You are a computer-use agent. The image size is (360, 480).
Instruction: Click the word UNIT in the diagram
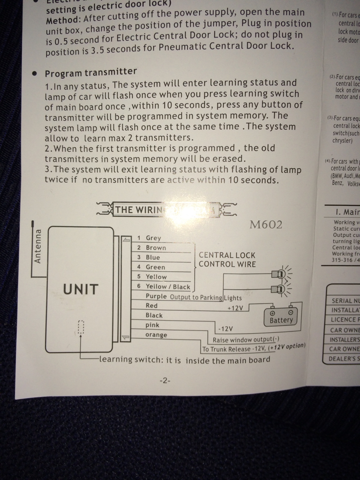coord(81,289)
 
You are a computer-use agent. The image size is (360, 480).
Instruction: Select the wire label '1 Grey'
coord(149,238)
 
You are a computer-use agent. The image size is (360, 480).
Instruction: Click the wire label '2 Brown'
coord(151,247)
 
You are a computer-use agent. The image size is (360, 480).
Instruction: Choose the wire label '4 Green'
coord(151,267)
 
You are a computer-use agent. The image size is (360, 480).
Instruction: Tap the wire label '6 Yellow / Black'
coord(164,286)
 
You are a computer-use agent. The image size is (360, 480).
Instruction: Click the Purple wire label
coord(156,296)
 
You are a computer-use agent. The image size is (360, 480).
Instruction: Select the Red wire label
coord(152,306)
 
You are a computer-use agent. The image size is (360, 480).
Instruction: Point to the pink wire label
coord(152,325)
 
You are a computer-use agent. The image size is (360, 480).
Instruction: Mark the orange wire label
coord(156,335)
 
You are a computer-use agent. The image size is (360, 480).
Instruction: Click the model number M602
coord(266,225)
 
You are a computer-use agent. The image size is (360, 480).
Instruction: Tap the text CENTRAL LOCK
coord(227,255)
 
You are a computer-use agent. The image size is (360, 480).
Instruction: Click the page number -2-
coord(165,381)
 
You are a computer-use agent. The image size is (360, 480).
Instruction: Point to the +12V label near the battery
coord(236,308)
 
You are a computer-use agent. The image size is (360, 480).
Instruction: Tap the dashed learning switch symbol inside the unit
coord(81,327)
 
